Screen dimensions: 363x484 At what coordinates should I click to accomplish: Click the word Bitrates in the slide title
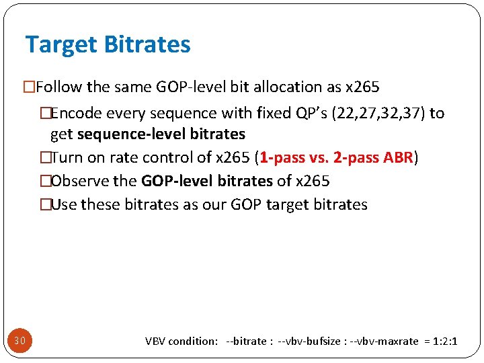147,44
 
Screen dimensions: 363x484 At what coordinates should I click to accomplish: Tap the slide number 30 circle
19,341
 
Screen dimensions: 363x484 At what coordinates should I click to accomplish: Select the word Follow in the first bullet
58,87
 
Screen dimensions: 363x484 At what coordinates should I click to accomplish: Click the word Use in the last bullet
64,204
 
